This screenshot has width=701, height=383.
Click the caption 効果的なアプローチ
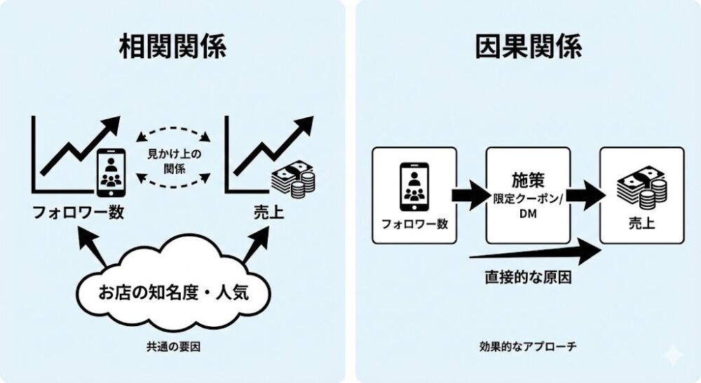[528, 347]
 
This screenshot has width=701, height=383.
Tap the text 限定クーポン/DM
[528, 204]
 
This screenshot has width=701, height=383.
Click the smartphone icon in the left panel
[111, 170]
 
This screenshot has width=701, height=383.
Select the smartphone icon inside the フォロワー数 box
[414, 186]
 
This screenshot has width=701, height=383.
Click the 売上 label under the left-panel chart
[268, 212]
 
